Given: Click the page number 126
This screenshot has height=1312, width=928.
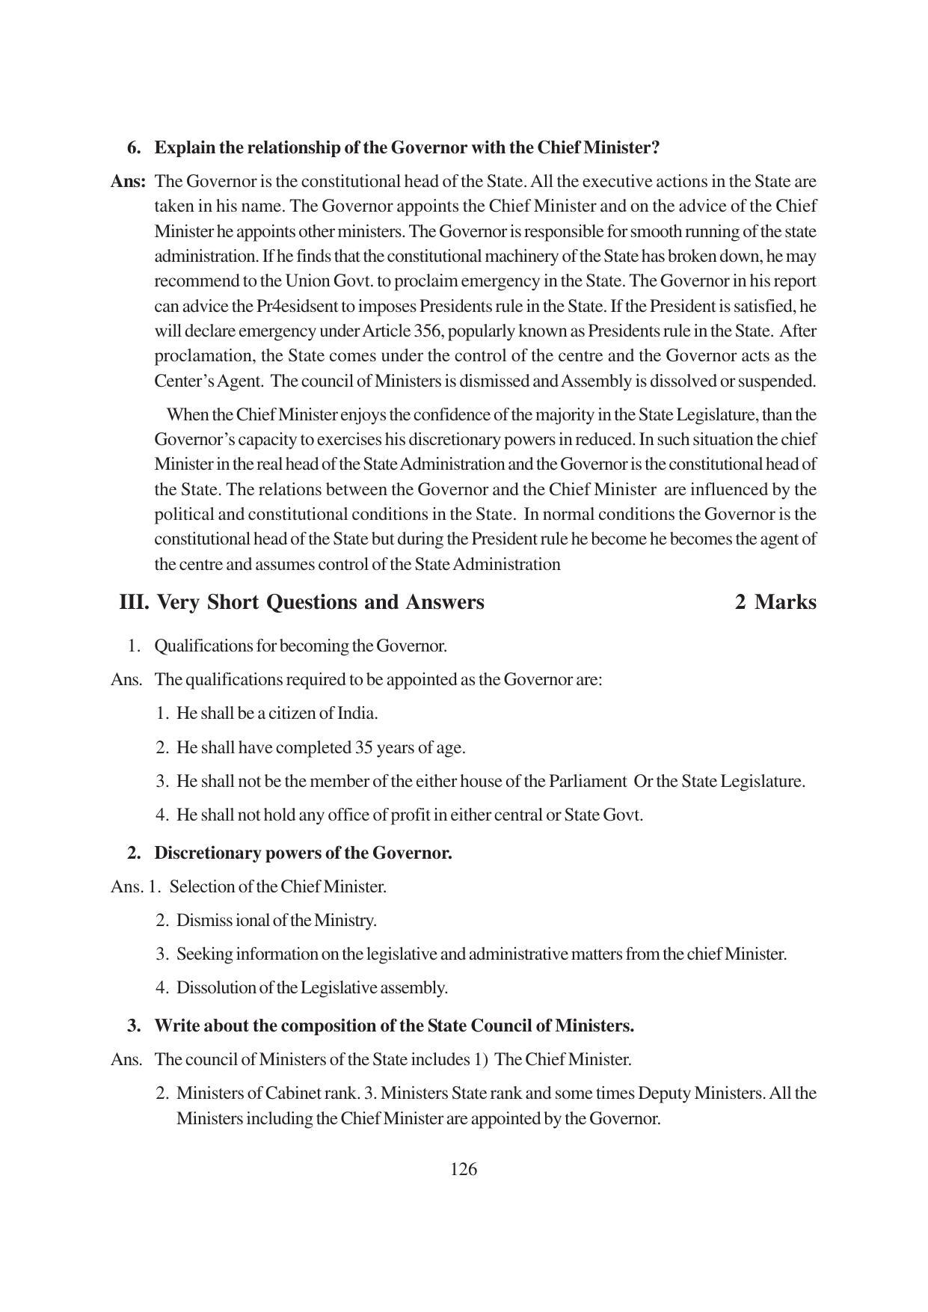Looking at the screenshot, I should click(464, 1169).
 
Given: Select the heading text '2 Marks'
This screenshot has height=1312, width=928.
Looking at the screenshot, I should click(775, 602).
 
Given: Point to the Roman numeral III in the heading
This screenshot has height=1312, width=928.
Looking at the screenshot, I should click(134, 602).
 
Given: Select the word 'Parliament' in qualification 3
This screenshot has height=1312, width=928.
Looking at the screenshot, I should click(587, 781).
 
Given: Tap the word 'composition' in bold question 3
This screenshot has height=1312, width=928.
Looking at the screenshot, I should click(296, 1026).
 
